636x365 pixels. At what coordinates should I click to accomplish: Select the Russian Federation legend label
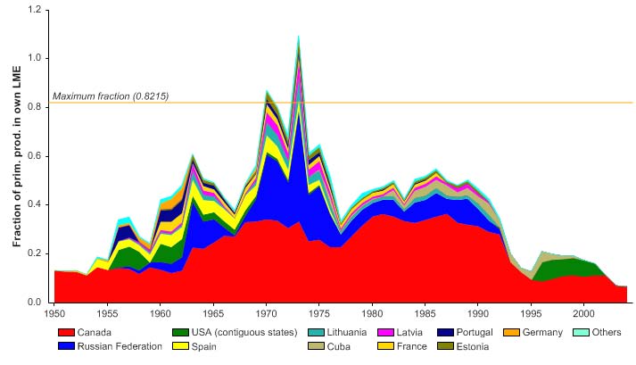click(x=124, y=346)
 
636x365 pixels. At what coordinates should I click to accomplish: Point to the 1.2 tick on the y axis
click(x=36, y=10)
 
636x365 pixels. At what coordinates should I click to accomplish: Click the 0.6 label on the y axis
click(x=36, y=156)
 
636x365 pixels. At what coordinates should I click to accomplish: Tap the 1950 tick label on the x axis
click(x=54, y=314)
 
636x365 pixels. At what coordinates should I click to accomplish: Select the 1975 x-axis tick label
click(x=319, y=314)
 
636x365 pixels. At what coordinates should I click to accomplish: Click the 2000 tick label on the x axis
click(x=584, y=314)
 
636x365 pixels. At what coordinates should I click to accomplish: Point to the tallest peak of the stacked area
click(x=298, y=36)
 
